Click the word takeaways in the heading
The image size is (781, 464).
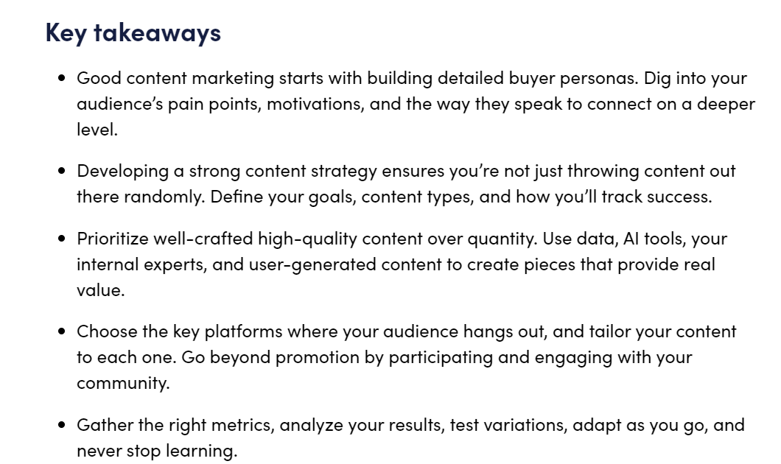tap(157, 33)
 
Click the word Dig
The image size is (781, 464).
tap(657, 79)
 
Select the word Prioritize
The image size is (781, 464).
tap(113, 239)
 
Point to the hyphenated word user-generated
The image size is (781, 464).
tap(312, 264)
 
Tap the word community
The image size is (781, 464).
tap(123, 383)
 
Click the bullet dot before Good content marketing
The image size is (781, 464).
tap(62, 77)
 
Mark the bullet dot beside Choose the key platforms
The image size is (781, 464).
tap(62, 331)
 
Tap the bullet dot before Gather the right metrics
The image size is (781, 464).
tap(62, 425)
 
